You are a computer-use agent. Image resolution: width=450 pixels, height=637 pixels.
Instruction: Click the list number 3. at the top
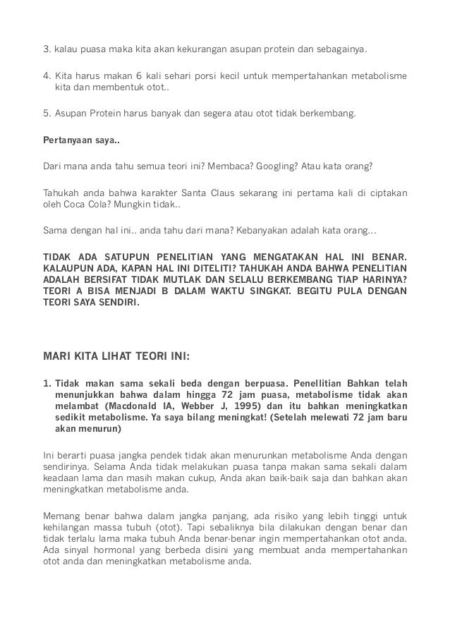(47, 50)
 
